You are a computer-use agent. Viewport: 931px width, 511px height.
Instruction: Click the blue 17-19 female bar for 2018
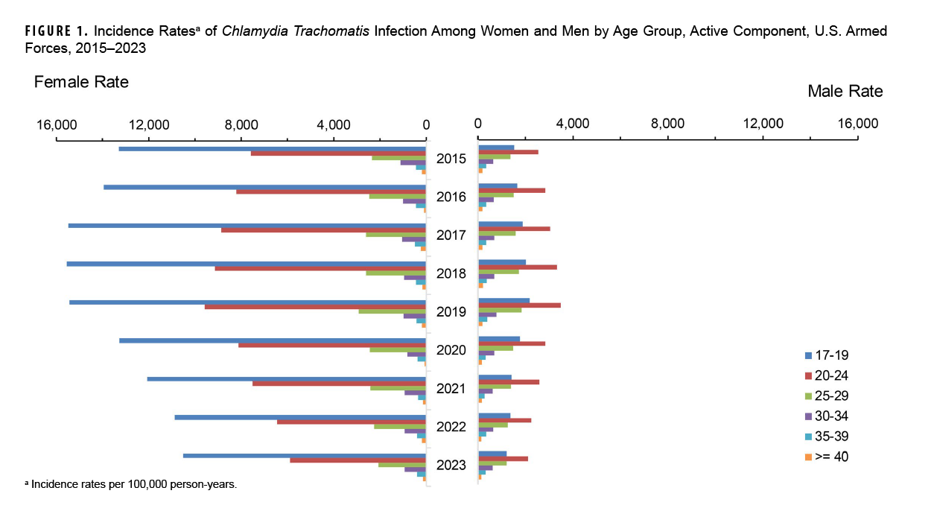tap(246, 264)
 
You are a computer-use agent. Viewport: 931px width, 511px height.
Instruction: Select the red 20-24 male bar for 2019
tap(519, 305)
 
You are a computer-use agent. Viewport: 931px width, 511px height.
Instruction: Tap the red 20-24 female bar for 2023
tap(358, 460)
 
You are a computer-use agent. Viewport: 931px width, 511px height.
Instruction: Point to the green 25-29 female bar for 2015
tap(398, 158)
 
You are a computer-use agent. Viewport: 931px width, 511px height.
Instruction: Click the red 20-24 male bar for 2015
tap(508, 152)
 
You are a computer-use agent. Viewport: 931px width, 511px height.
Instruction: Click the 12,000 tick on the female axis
tap(148, 124)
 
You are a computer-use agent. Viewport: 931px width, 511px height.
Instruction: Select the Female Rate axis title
tap(81, 82)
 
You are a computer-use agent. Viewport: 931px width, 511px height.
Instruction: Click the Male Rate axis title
tap(845, 92)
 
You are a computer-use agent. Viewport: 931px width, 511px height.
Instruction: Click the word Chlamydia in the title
tap(251, 34)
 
